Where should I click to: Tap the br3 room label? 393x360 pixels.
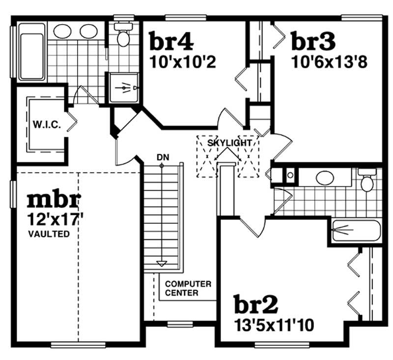(313, 41)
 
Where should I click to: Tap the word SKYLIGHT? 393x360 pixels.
(229, 143)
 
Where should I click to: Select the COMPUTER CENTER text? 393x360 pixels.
(188, 289)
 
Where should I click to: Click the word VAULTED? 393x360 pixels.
(49, 234)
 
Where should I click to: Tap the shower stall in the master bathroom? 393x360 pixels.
(123, 88)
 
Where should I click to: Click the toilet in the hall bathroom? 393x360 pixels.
(366, 181)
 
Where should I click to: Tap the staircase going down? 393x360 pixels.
(162, 216)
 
